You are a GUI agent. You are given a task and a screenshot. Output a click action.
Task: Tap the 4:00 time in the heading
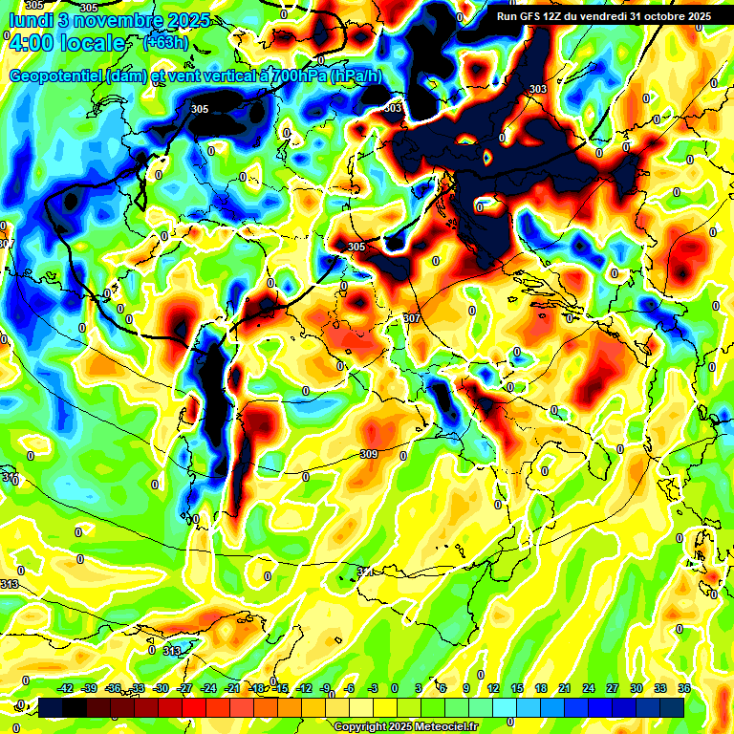[x=32, y=44]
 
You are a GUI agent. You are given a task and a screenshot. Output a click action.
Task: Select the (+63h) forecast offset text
[x=165, y=43]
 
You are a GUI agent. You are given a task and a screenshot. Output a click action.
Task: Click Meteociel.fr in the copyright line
[x=448, y=726]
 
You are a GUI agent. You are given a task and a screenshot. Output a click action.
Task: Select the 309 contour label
[x=369, y=454]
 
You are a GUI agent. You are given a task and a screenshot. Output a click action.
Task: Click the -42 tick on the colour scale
[x=66, y=687]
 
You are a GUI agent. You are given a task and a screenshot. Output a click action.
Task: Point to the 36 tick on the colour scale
[x=684, y=687]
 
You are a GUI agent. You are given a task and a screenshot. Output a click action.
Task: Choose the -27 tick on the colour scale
[x=185, y=687]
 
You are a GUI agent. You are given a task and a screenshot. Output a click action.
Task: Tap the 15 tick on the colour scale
[x=516, y=687]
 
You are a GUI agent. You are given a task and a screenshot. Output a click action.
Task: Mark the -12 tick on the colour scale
[x=305, y=687]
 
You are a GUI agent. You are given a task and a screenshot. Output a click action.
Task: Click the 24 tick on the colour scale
[x=588, y=687]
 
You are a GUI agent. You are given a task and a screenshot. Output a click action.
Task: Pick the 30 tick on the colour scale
[x=636, y=687]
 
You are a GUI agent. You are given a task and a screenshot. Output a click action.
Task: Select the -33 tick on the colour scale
[x=138, y=687]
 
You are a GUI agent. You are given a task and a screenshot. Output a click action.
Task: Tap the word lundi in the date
[x=28, y=21]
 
